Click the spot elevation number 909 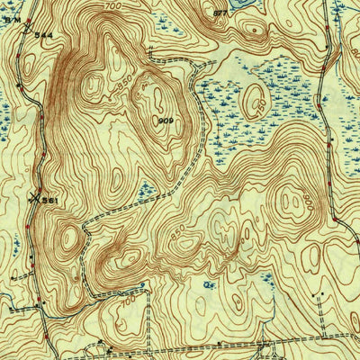click(x=167, y=120)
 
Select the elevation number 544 click(x=42, y=34)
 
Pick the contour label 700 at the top click(x=112, y=6)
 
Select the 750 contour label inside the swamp click(x=258, y=106)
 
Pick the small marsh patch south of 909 click(x=144, y=189)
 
